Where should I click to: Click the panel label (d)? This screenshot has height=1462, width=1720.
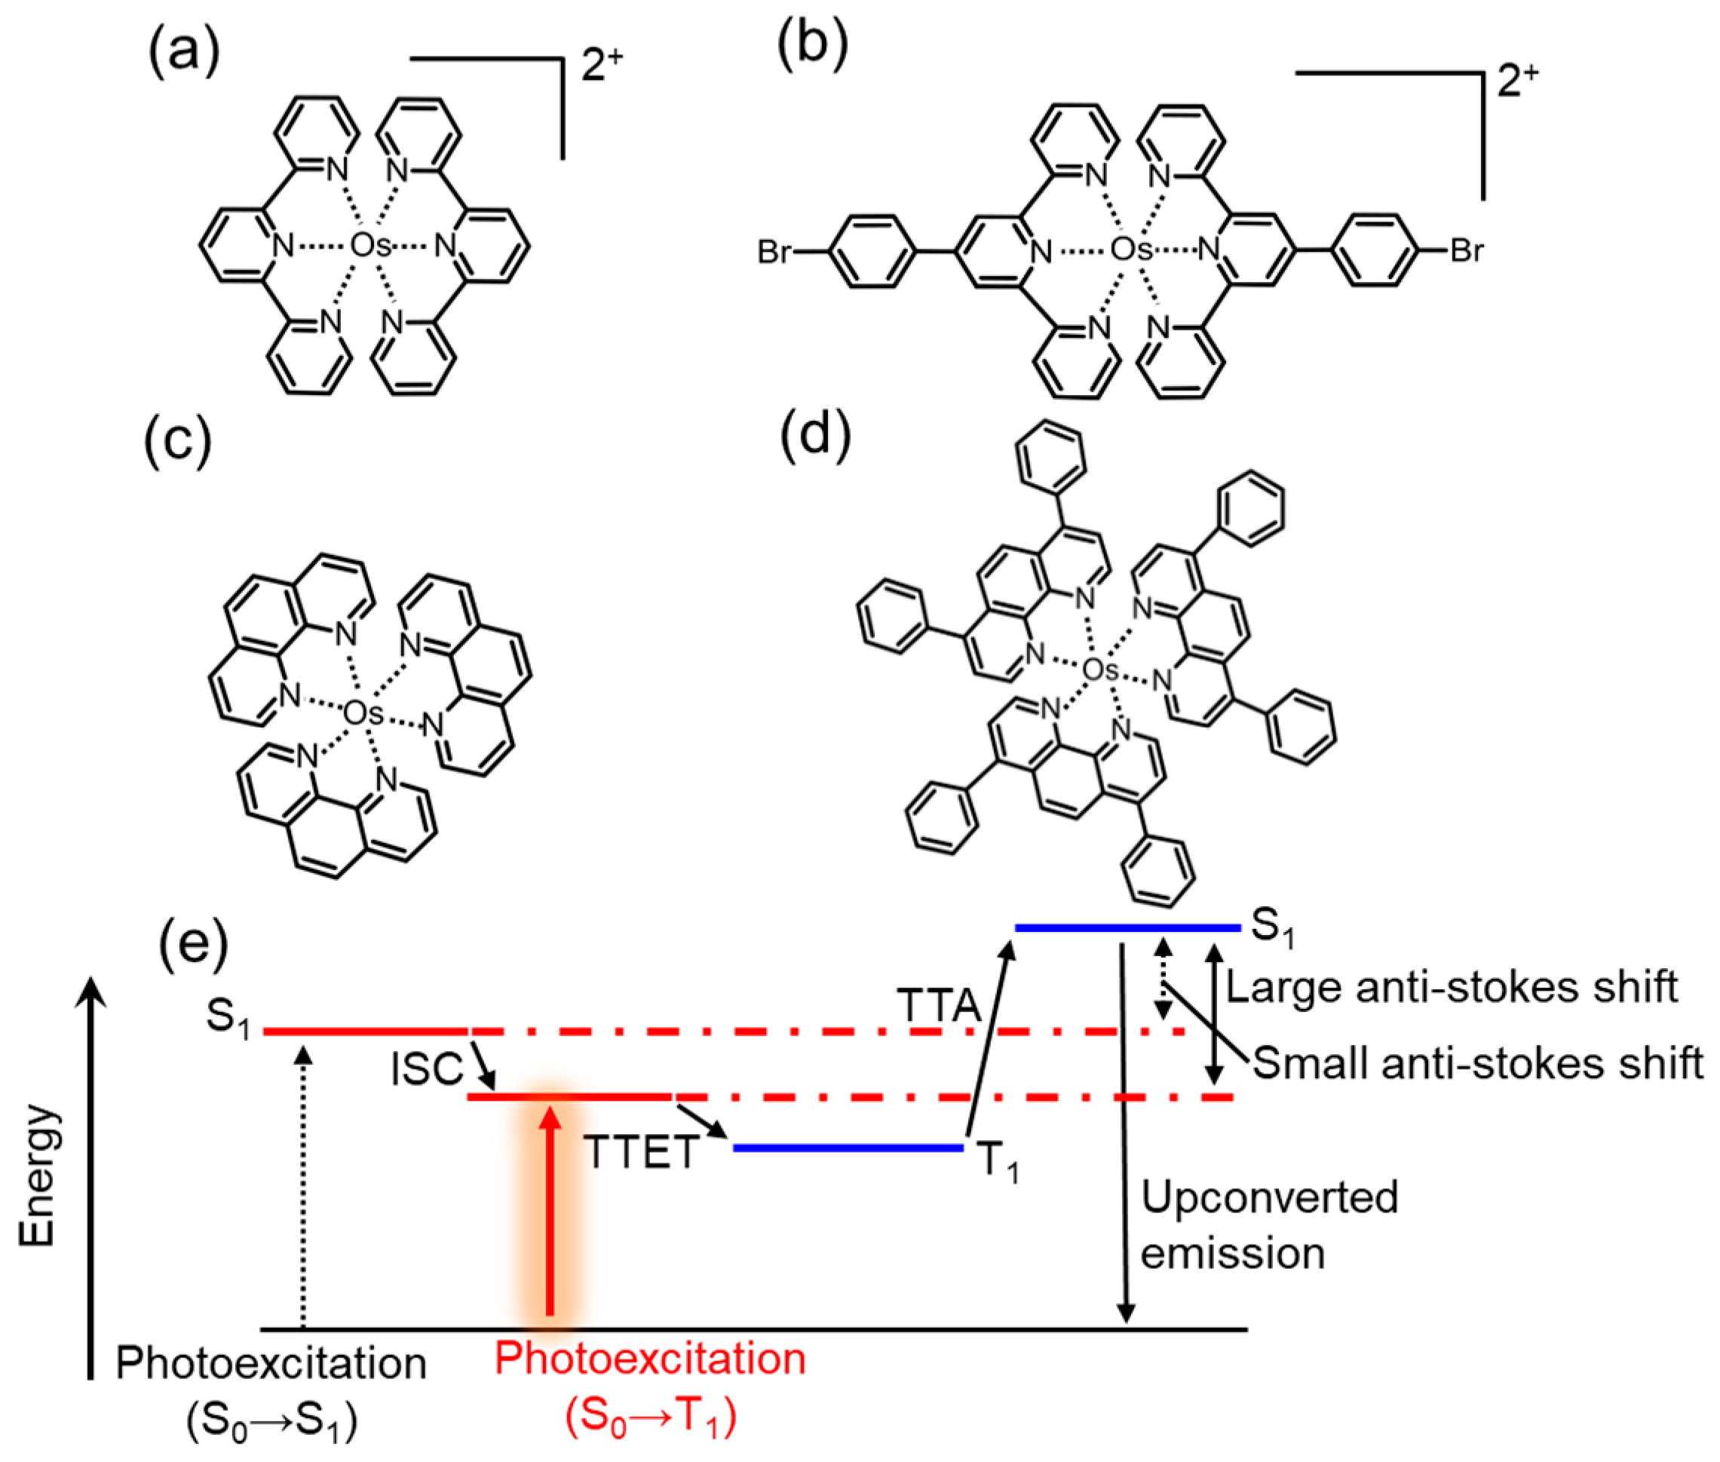[816, 432]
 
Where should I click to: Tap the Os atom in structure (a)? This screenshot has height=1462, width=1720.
[369, 245]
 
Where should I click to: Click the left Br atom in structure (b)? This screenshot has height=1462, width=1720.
[774, 251]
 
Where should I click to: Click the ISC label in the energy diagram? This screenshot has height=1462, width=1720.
[426, 1069]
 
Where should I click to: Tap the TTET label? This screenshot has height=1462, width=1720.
[641, 1152]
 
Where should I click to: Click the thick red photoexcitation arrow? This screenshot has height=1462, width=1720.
[550, 1210]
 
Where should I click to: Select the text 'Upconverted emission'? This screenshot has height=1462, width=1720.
[1268, 1225]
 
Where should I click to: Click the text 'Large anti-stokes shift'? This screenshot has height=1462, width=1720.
[1451, 987]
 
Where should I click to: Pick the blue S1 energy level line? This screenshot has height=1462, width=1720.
[1127, 927]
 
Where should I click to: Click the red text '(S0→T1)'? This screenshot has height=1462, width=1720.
[651, 1417]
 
